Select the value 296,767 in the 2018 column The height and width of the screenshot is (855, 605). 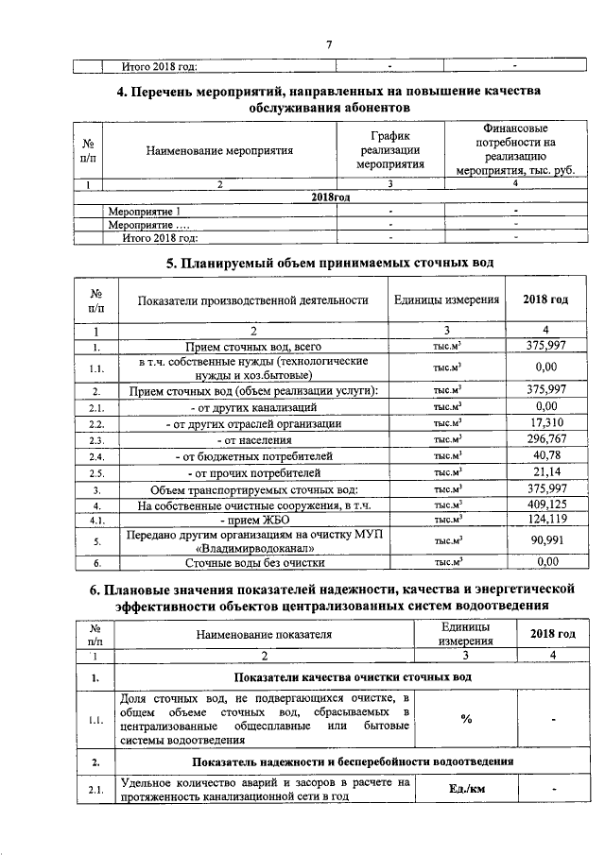[545, 439]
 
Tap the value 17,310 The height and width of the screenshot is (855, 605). [545, 423]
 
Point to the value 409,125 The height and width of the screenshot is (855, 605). [545, 504]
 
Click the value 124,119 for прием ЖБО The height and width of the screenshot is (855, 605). [545, 520]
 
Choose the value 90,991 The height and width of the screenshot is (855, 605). [545, 540]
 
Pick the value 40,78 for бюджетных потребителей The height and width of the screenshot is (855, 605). [545, 455]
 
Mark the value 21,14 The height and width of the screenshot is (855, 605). [545, 471]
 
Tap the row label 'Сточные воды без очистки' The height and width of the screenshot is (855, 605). [253, 563]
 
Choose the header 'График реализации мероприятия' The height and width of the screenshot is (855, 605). [389, 150]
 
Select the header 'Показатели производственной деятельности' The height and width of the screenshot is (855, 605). [252, 300]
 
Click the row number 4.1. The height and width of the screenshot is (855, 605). [95, 521]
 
